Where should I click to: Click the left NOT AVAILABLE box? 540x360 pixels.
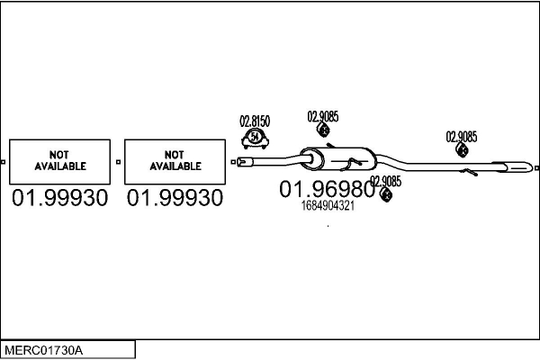tap(60, 162)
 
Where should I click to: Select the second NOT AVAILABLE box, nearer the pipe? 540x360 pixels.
tap(175, 162)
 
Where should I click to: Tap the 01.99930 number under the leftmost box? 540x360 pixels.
tap(59, 198)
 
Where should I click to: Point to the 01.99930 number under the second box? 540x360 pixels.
tap(175, 198)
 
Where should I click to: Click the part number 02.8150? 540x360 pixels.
tap(255, 121)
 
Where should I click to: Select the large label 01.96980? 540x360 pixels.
tap(325, 189)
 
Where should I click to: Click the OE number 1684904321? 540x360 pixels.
tap(328, 206)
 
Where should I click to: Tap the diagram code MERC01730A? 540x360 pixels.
tap(45, 348)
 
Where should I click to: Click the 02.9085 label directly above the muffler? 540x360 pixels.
tap(323, 115)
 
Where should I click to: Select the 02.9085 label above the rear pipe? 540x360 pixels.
tap(462, 137)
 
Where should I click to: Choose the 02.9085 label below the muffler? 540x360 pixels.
tap(385, 181)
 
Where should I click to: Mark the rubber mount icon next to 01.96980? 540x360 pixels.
tap(386, 195)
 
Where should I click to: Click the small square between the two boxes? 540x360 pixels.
tap(119, 162)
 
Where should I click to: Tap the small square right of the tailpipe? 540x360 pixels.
tap(536, 167)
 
